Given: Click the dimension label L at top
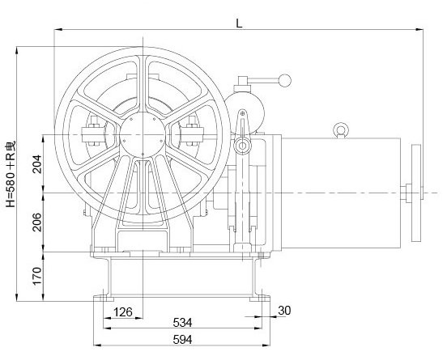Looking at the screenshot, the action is [x=239, y=23].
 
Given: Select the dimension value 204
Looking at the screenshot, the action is [x=37, y=164].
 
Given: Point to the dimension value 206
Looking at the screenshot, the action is [x=37, y=222].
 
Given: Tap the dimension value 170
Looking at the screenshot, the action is [x=37, y=276].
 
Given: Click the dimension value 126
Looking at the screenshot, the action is [x=123, y=312].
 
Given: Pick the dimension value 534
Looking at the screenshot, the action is [x=182, y=323].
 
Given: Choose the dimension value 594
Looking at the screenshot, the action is [x=182, y=340].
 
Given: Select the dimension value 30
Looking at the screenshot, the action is [x=284, y=311].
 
